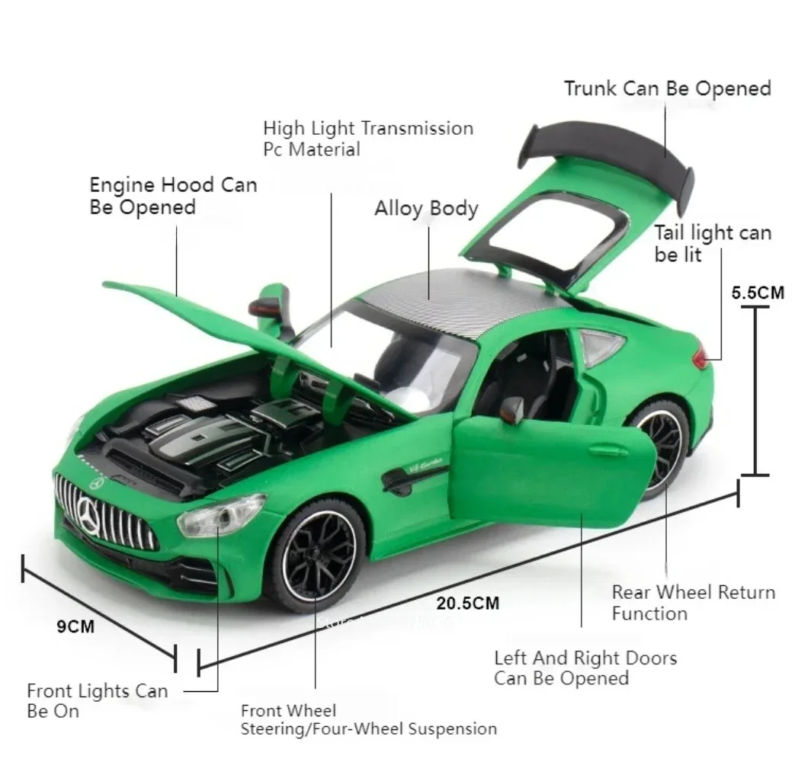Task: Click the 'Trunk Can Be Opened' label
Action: (x=667, y=88)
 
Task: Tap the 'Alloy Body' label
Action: (x=426, y=208)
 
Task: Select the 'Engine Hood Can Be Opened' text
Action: (x=173, y=196)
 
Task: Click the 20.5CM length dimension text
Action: (x=467, y=604)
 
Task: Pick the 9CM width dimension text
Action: (x=76, y=626)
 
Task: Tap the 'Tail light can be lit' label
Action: (x=712, y=243)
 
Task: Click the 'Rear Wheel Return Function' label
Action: (x=693, y=603)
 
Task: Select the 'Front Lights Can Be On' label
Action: (x=97, y=701)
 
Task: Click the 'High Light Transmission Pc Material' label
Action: (x=367, y=138)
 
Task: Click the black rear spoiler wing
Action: (x=610, y=145)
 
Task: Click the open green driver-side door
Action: (x=553, y=472)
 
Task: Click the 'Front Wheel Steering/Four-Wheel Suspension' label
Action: (x=368, y=720)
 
